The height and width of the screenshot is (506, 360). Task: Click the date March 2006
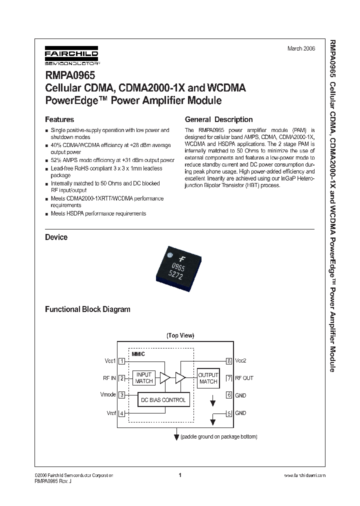[x=301, y=49]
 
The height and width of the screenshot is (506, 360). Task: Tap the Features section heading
[x=59, y=119]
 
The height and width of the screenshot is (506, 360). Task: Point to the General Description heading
[x=218, y=119]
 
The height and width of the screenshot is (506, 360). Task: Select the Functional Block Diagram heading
[x=87, y=309]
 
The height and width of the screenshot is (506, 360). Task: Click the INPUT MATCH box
[x=144, y=378]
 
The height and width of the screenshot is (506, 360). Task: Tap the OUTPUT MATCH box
[x=208, y=378]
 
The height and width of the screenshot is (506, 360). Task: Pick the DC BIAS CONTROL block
[x=163, y=400]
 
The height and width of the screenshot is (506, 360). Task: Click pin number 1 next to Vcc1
[x=121, y=360]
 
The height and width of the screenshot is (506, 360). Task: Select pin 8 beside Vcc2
[x=229, y=360]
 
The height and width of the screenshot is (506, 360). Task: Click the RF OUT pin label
[x=244, y=378]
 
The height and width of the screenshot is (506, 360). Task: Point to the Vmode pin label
[x=108, y=394]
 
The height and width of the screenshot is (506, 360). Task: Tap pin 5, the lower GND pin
[x=229, y=413]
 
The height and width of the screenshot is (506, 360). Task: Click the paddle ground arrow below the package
[x=176, y=436]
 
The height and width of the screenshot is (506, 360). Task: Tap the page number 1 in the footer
[x=179, y=475]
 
